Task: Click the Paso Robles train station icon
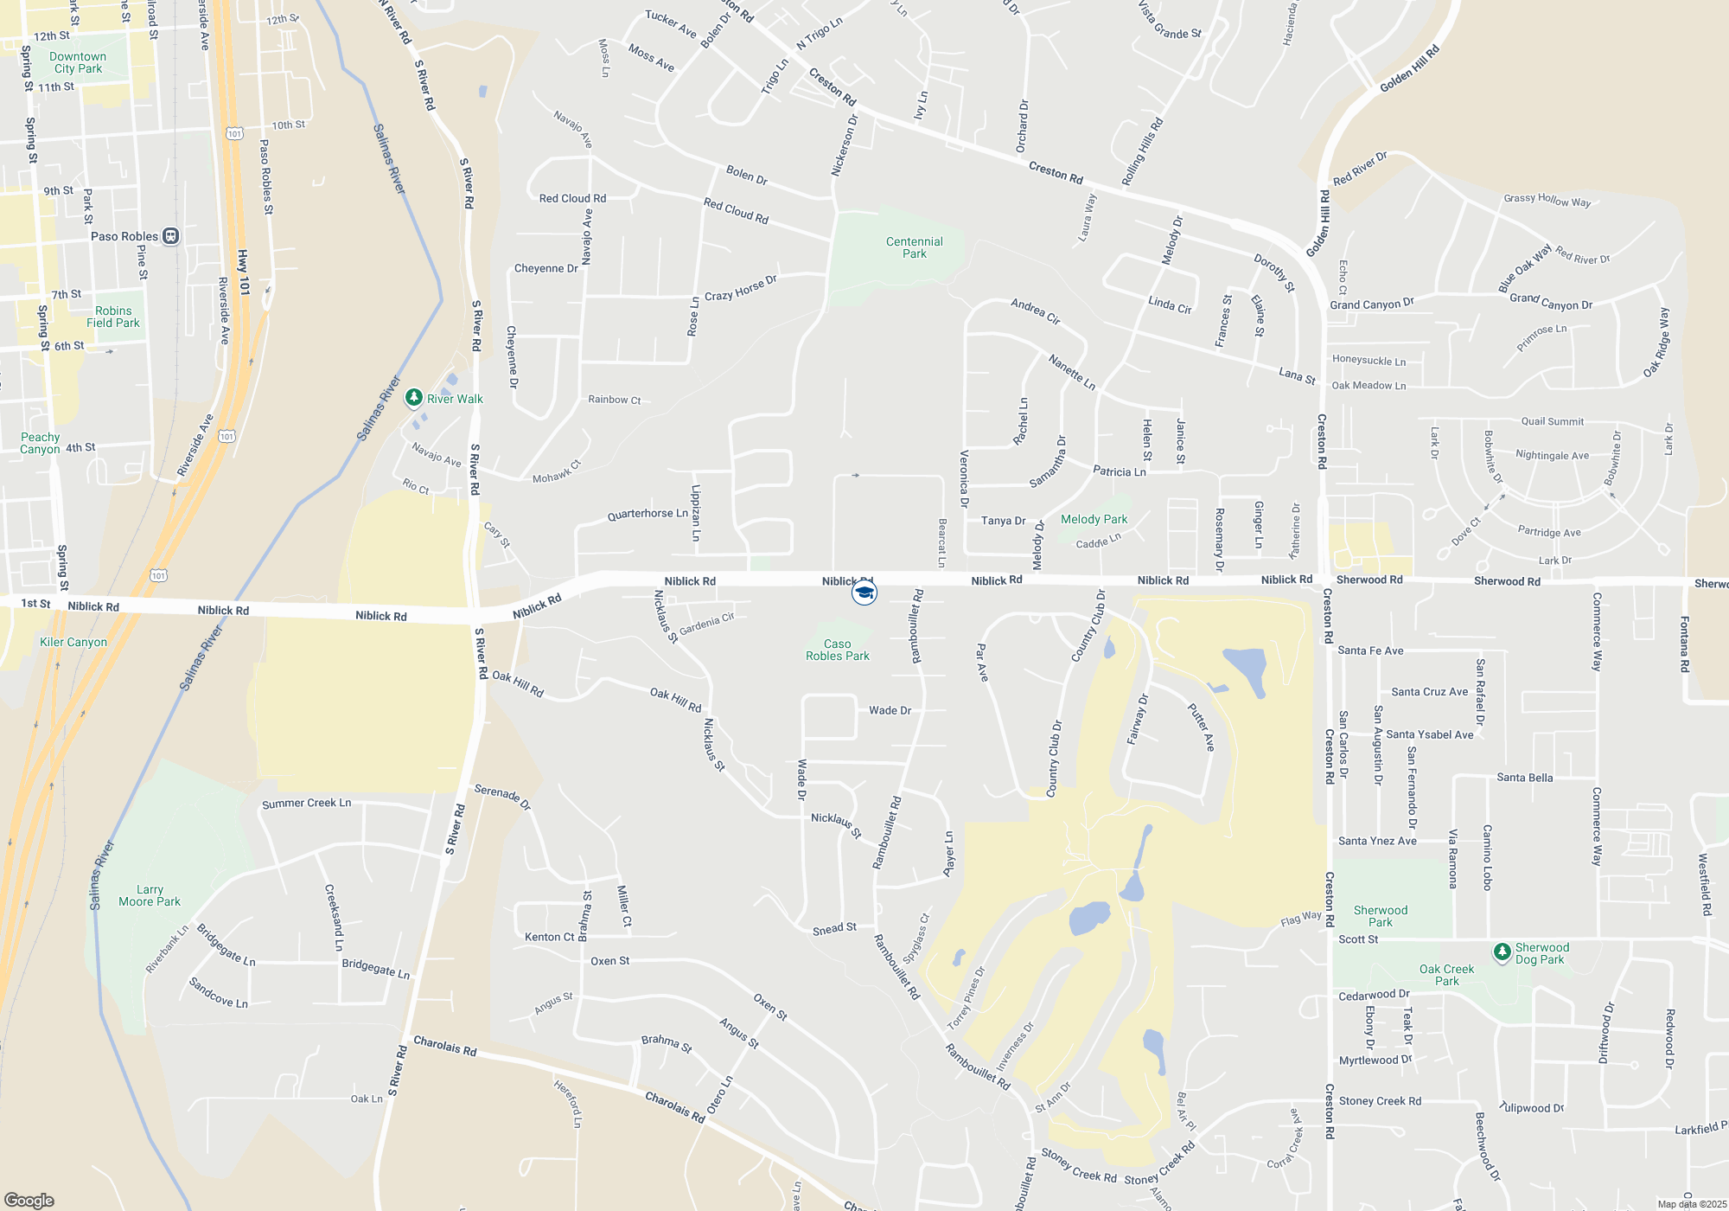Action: click(171, 236)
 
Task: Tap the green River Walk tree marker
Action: click(414, 397)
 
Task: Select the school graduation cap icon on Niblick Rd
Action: click(864, 593)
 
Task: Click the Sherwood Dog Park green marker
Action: click(1503, 951)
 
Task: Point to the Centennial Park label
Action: click(914, 247)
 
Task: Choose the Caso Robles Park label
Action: click(837, 650)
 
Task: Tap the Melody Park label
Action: click(1094, 519)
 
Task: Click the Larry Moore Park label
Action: click(150, 895)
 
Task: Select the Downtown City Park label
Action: click(78, 62)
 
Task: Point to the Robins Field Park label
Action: click(113, 317)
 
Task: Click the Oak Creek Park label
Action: click(1446, 975)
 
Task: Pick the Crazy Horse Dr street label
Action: click(741, 288)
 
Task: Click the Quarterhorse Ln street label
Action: click(648, 514)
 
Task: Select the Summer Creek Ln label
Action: click(306, 804)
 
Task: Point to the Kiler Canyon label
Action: click(73, 642)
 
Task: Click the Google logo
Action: click(29, 1200)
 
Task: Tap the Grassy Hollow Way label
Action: click(1547, 200)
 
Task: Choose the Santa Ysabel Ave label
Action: click(1429, 734)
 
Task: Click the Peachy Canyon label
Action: click(40, 443)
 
